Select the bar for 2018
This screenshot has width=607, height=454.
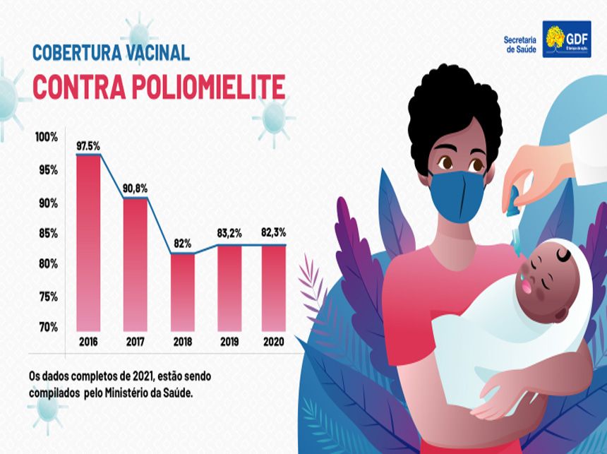(x=183, y=292)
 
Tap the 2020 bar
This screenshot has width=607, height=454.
(x=275, y=287)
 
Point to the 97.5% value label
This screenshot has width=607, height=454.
(x=88, y=146)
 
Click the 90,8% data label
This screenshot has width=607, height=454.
(x=136, y=189)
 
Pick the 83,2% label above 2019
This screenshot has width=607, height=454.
(x=229, y=232)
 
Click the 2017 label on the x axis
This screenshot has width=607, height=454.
(x=136, y=342)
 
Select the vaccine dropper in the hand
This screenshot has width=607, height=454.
(x=514, y=201)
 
